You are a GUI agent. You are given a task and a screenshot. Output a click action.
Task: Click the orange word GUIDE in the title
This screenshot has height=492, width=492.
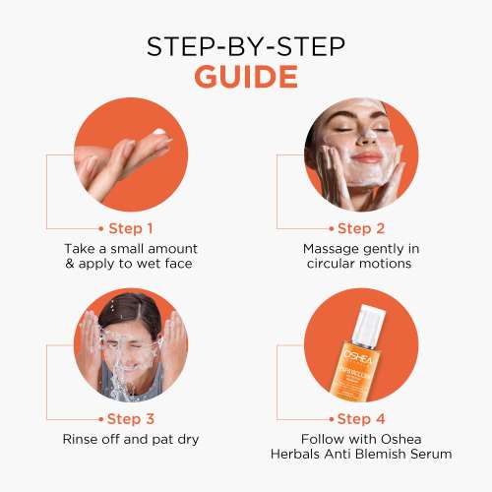click(246, 77)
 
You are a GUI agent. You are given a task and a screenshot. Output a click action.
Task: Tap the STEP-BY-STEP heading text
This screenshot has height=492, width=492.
click(246, 45)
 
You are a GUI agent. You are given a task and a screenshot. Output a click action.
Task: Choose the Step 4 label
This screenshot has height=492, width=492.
click(362, 417)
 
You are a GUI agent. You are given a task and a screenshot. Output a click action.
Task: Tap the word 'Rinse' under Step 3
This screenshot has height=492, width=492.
click(82, 439)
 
